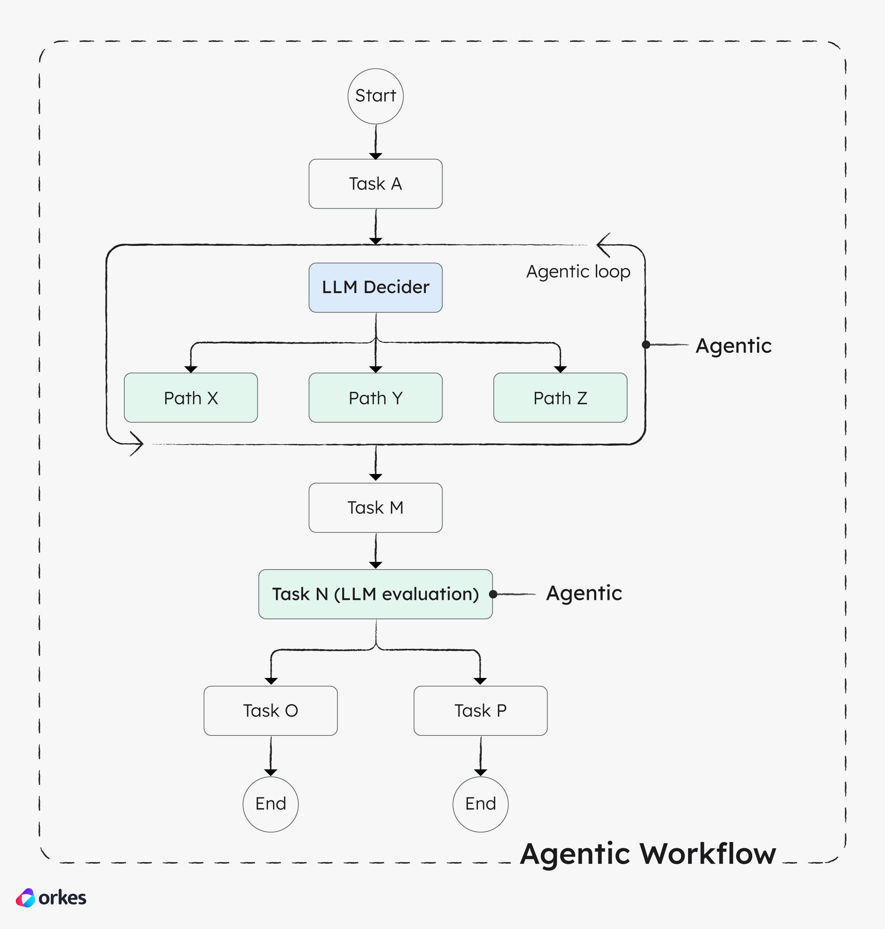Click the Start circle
click(375, 96)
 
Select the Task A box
click(375, 184)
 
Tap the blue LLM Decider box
click(375, 288)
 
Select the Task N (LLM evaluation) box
click(375, 594)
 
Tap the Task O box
click(270, 711)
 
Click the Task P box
click(480, 711)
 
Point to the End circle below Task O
click(270, 804)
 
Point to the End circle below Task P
click(480, 804)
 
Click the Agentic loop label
click(578, 272)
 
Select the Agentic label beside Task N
click(584, 593)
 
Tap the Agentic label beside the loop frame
click(733, 346)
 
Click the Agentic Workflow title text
click(648, 854)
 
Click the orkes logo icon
click(25, 898)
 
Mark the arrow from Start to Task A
click(375, 142)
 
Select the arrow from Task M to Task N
click(375, 551)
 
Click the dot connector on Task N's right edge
click(493, 594)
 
